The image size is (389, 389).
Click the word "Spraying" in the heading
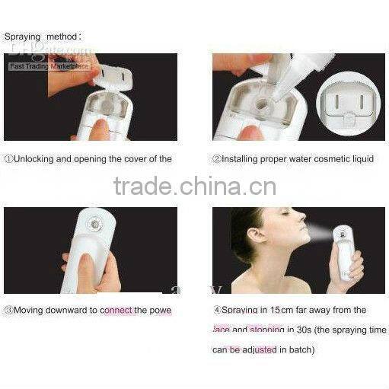(22, 37)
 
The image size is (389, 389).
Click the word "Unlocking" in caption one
(36, 159)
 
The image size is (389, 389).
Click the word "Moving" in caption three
(30, 311)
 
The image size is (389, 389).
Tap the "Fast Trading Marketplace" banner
(49, 66)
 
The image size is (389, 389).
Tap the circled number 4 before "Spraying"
(217, 311)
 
